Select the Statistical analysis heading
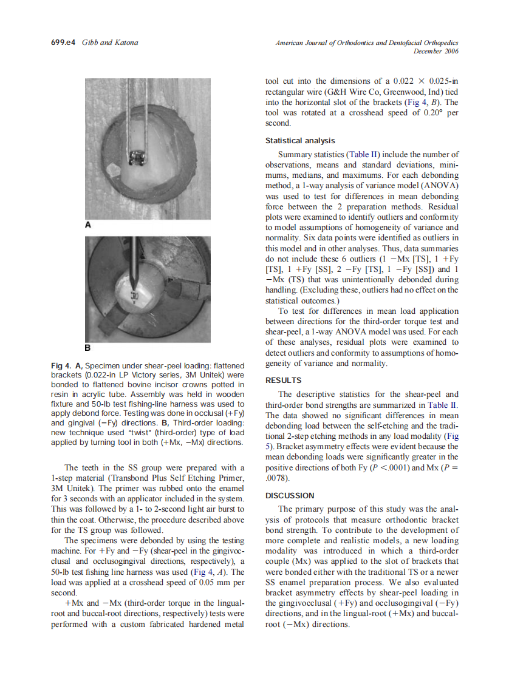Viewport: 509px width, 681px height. pyautogui.click(x=300, y=141)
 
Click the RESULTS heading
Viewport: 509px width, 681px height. pyautogui.click(x=283, y=381)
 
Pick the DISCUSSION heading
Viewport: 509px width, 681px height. pyautogui.click(x=290, y=496)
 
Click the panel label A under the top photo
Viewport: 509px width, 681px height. pyautogui.click(x=87, y=225)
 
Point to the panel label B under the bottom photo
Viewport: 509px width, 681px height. pyautogui.click(x=87, y=348)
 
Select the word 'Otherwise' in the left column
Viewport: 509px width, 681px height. pyautogui.click(x=100, y=521)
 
